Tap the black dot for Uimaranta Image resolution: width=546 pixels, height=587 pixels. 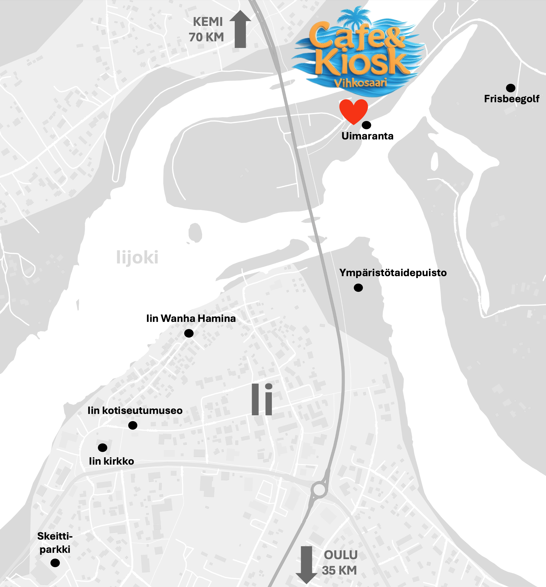click(366, 125)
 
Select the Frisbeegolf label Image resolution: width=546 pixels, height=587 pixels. click(512, 99)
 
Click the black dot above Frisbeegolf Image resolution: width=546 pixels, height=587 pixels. click(510, 88)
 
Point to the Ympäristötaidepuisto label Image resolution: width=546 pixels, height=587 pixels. click(393, 273)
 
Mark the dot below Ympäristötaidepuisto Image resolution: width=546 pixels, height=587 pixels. click(358, 288)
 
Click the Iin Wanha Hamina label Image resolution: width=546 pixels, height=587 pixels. click(191, 318)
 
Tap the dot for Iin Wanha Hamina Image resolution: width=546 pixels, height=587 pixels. click(189, 333)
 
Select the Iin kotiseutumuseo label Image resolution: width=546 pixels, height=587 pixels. click(135, 410)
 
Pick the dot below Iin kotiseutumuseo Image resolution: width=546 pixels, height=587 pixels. click(133, 425)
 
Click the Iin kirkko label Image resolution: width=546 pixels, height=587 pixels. click(111, 461)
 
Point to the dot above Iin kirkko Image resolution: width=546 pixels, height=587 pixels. click(103, 448)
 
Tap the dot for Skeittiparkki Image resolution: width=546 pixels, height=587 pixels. click(55, 563)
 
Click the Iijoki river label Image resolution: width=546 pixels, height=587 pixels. click(137, 257)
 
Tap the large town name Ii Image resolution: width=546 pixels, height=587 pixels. click(262, 400)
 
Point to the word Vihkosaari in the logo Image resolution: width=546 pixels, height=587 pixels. click(360, 83)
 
